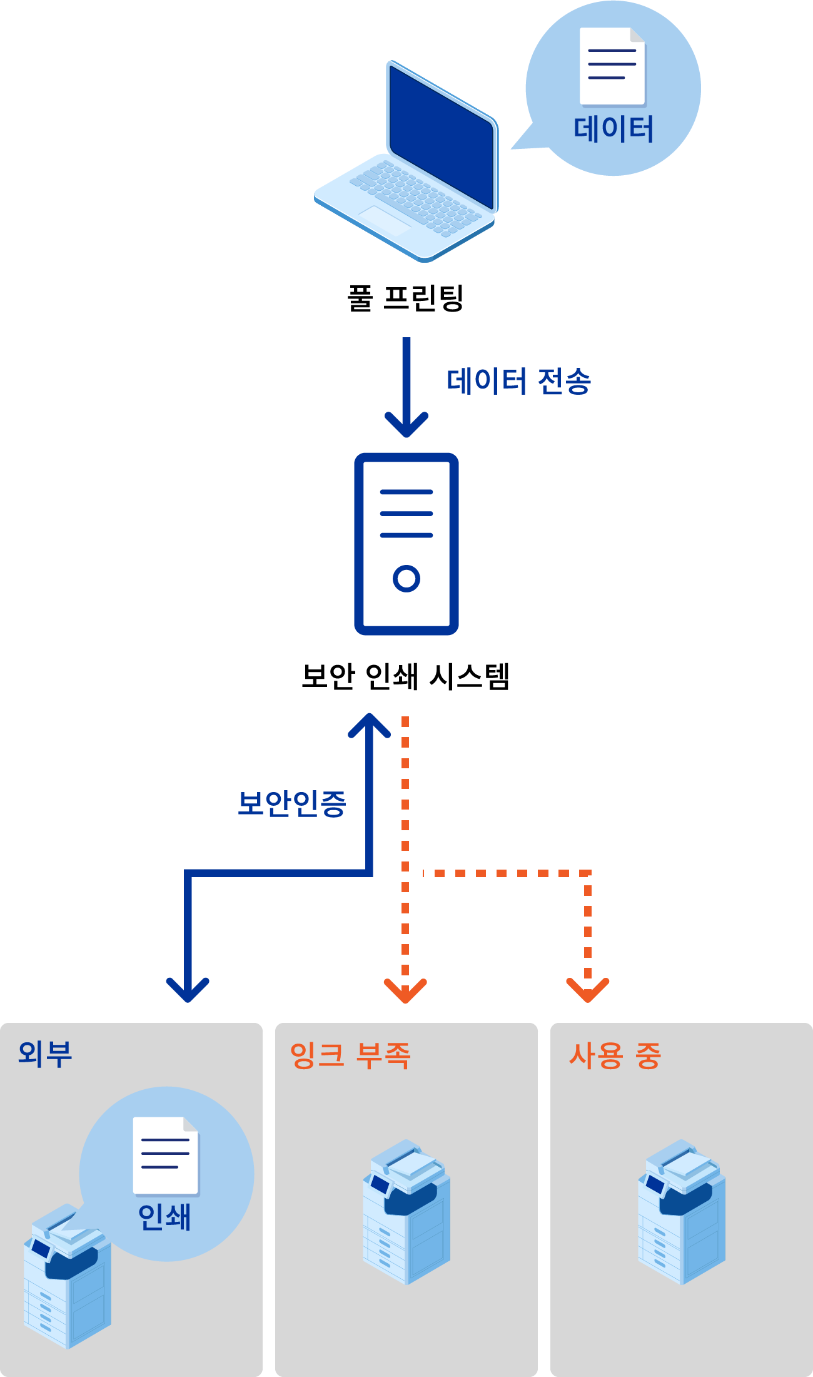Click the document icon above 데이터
pos(612,66)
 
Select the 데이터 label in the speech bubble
pos(614,130)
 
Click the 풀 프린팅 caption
pos(405,298)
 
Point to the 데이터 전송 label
pos(518,381)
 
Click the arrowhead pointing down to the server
pos(406,425)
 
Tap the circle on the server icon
pos(406,578)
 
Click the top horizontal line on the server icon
pos(406,492)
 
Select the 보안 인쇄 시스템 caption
pos(406,676)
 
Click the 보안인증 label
pos(291,803)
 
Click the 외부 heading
pos(45,1054)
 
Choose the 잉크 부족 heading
pos(350,1056)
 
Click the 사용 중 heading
pos(615,1056)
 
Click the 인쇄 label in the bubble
pos(164,1217)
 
